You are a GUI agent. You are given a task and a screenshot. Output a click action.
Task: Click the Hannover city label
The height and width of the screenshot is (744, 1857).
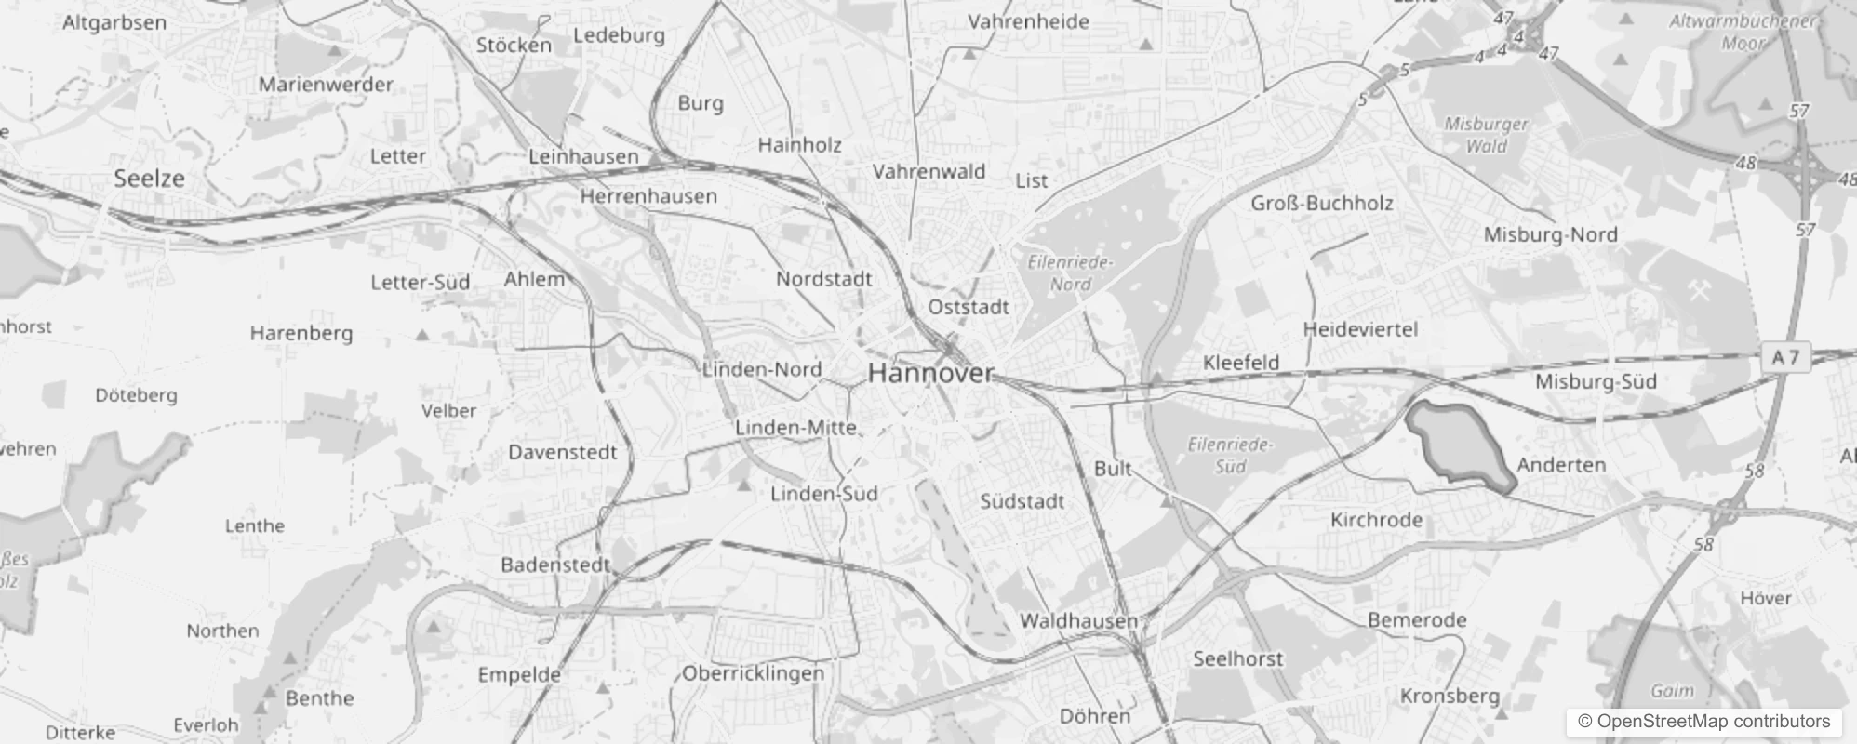point(930,374)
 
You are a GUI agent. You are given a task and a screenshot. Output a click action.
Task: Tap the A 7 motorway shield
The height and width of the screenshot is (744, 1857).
point(1785,357)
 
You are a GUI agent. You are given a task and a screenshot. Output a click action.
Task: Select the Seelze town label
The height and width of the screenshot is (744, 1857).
point(149,179)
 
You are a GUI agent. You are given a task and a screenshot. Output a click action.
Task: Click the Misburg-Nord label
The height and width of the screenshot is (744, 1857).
point(1550,234)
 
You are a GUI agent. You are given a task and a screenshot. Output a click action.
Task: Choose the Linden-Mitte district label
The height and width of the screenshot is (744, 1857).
point(795,428)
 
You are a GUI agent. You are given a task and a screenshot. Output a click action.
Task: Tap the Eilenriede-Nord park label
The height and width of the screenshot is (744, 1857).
point(1070,273)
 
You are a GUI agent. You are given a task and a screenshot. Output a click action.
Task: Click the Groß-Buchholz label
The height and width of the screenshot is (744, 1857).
point(1321,203)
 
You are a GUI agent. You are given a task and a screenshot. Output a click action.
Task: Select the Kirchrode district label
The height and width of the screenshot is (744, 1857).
point(1376,520)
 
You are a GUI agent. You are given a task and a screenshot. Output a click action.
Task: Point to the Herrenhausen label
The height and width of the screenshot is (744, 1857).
point(648,196)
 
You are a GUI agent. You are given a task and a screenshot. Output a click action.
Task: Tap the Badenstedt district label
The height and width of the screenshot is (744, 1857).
point(554,565)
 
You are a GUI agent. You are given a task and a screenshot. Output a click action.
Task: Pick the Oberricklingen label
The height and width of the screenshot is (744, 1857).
point(754,673)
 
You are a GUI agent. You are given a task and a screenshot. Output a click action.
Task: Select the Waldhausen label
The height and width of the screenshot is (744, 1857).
point(1078,620)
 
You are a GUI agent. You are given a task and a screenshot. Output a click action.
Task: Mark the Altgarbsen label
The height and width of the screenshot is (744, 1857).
point(114,22)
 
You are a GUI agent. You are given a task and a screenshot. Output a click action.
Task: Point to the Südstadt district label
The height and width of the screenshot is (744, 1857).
point(1022,502)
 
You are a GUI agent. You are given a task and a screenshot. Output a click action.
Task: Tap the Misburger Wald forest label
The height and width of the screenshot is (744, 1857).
point(1486,135)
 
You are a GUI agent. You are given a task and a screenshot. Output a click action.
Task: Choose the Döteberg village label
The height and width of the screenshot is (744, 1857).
point(136,395)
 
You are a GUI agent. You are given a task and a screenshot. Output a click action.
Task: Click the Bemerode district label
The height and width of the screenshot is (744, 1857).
point(1417,620)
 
